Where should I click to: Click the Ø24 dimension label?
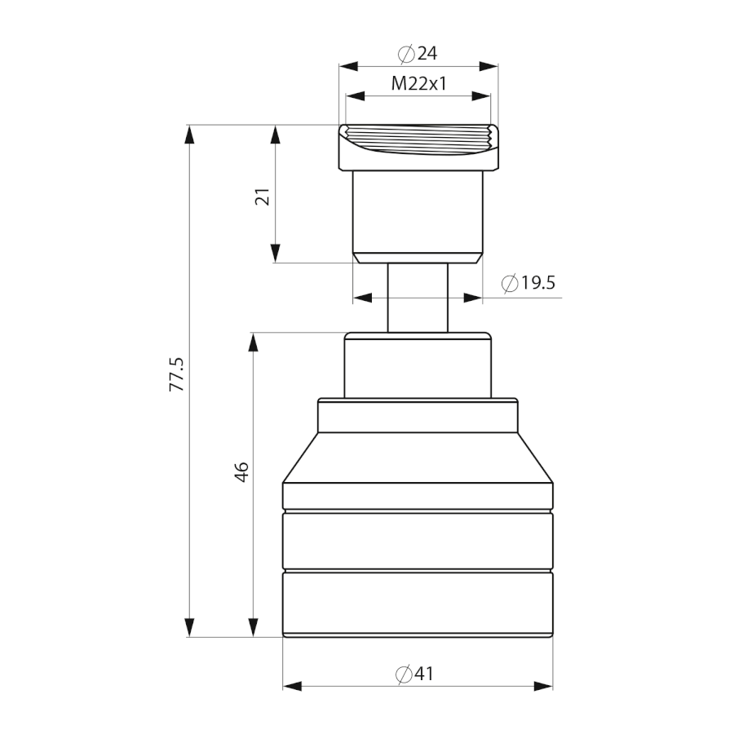click(418, 53)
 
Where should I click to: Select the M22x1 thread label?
click(419, 84)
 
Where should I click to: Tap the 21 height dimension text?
click(263, 197)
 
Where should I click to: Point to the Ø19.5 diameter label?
click(528, 283)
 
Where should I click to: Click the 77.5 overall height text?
click(178, 374)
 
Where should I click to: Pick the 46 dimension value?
click(242, 471)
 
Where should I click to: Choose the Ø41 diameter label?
click(415, 674)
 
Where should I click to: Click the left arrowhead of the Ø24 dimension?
click(349, 66)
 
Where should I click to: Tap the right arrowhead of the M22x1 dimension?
click(480, 96)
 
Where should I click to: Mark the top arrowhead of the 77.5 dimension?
click(189, 135)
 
